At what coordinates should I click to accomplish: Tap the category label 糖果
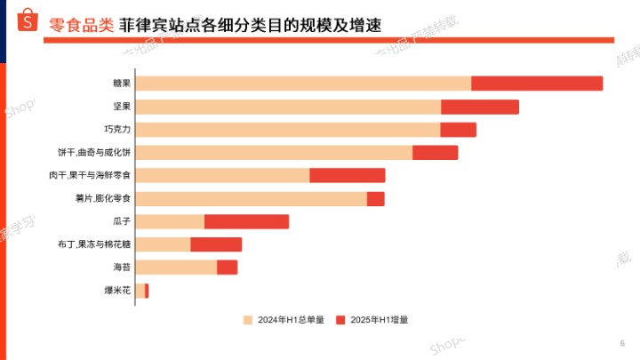(122, 84)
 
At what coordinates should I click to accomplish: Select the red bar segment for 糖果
(537, 84)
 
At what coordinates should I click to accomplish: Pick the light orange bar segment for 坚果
(288, 107)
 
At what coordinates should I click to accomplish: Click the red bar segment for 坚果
(480, 107)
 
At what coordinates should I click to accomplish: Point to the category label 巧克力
(117, 130)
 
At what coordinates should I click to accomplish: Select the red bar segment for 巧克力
(459, 130)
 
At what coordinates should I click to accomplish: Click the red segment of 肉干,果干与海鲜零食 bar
(348, 175)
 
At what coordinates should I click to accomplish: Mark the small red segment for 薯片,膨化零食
(375, 198)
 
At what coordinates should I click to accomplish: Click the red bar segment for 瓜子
(246, 221)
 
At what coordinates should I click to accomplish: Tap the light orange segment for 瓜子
(170, 221)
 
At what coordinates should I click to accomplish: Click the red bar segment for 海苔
(227, 267)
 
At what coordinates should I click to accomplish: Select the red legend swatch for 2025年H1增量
(340, 319)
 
